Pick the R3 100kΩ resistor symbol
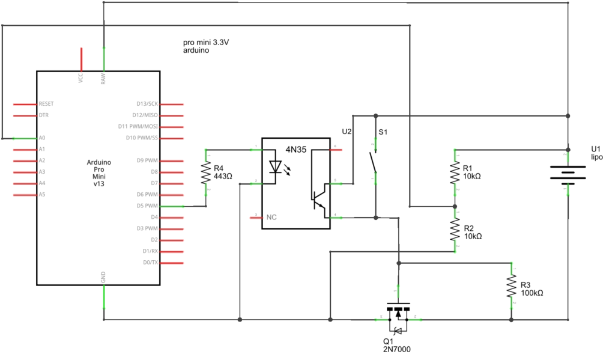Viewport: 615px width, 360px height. click(x=511, y=286)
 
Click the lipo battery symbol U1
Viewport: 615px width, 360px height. click(x=568, y=173)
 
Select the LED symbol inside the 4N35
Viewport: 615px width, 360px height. click(x=276, y=166)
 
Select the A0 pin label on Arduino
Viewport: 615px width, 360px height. click(x=42, y=138)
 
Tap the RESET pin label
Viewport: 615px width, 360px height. click(x=46, y=103)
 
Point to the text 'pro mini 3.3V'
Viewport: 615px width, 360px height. click(x=206, y=43)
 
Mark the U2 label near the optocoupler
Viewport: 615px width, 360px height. click(x=347, y=131)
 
